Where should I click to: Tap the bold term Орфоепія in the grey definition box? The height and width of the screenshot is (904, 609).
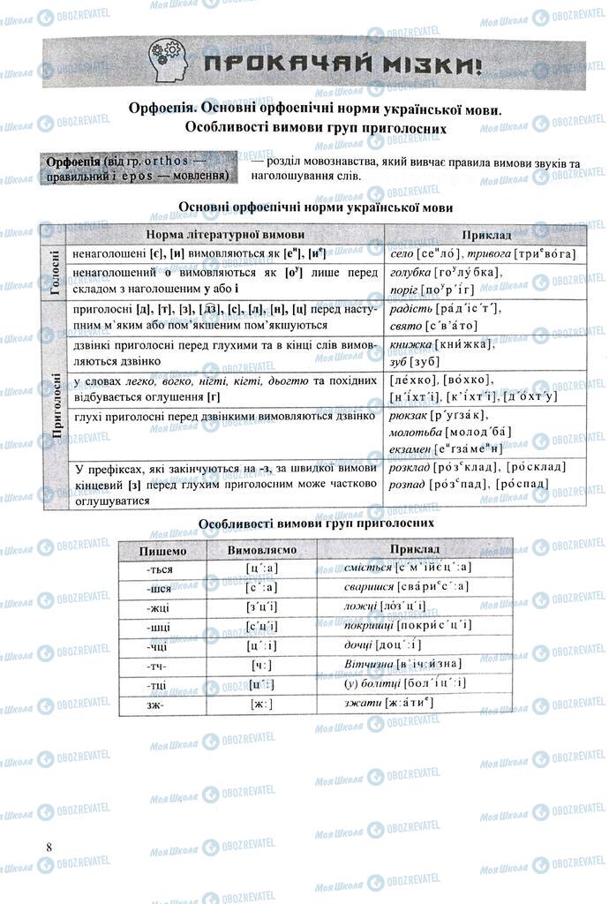(x=73, y=162)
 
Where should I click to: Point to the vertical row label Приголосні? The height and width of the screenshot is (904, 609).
(x=54, y=404)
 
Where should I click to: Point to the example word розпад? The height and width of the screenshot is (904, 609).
(x=408, y=484)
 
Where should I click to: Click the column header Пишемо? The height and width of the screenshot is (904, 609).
(x=162, y=549)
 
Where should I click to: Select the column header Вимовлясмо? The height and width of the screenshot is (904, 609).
(x=261, y=549)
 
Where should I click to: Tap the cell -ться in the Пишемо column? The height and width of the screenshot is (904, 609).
(x=162, y=569)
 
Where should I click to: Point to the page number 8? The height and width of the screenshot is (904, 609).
(x=49, y=847)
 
